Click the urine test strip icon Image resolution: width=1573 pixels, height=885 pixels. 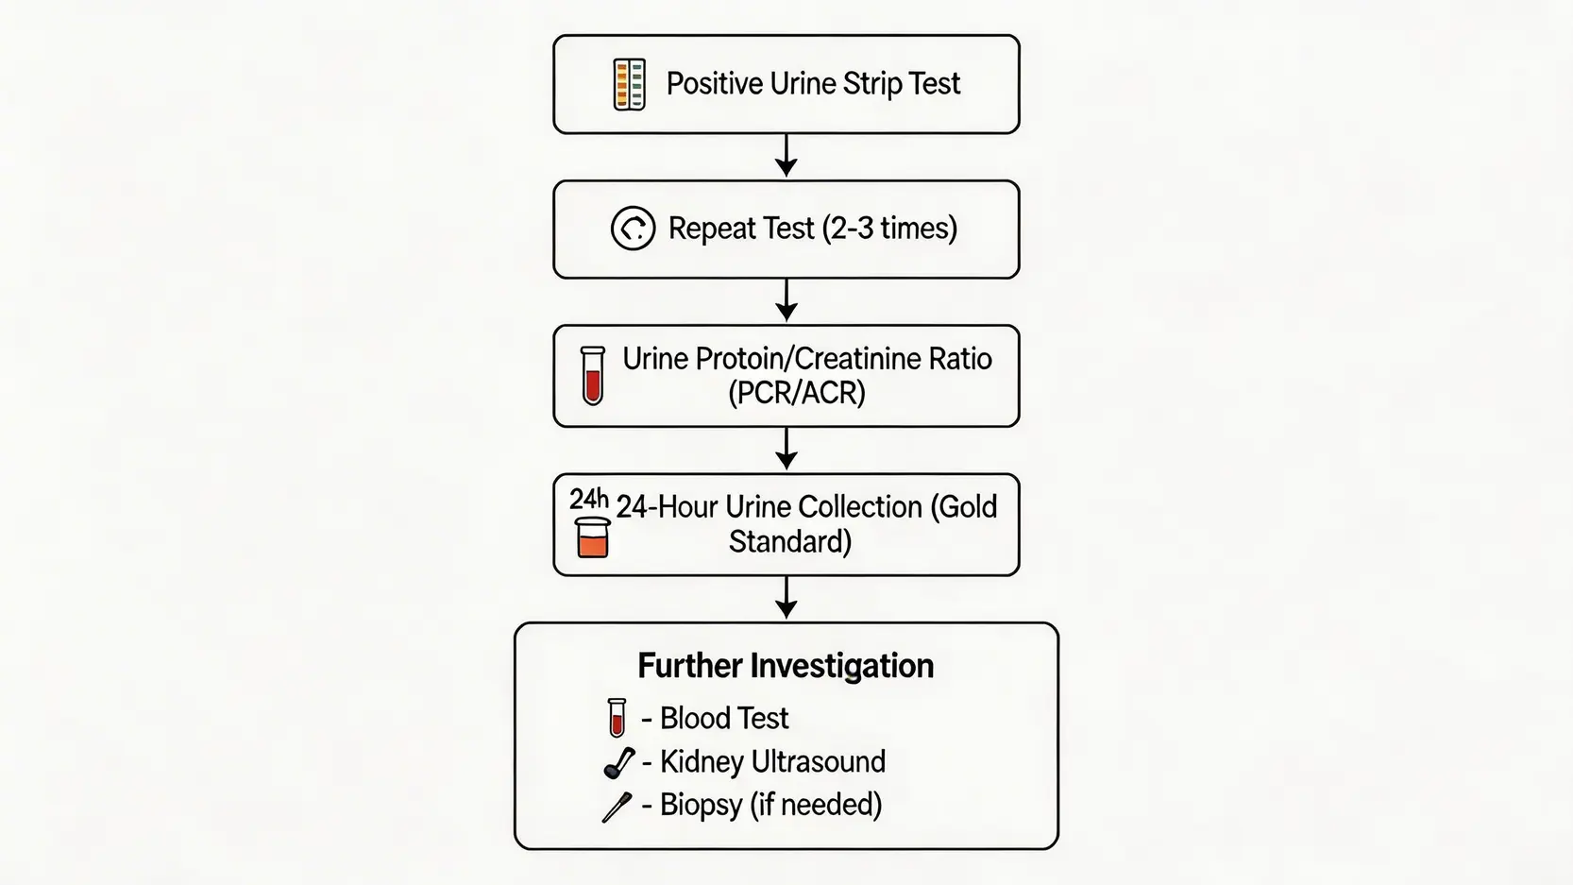pos(630,84)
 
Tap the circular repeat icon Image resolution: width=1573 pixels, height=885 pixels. pos(633,229)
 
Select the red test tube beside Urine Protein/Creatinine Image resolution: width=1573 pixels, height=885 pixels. pos(593,376)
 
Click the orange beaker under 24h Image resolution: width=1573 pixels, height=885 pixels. pos(592,537)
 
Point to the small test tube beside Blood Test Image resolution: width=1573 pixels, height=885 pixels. pos(617,718)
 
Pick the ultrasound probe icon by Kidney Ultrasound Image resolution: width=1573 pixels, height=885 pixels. pos(618,762)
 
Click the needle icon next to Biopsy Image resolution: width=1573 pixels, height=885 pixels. pos(617,807)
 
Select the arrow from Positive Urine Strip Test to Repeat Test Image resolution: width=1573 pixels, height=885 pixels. pos(786,156)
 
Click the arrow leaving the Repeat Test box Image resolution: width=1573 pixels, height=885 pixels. pos(786,300)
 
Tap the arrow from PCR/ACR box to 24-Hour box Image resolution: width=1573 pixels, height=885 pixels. pos(786,449)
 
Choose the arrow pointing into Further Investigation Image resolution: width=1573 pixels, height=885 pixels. pos(786,598)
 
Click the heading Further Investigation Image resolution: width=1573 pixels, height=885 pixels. pos(786,666)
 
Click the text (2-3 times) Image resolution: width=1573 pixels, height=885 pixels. pos(889,229)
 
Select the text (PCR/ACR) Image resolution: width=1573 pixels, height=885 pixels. pos(797,393)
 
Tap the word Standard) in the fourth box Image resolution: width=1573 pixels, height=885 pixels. pos(790,542)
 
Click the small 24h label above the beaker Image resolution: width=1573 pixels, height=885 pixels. pos(588,499)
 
